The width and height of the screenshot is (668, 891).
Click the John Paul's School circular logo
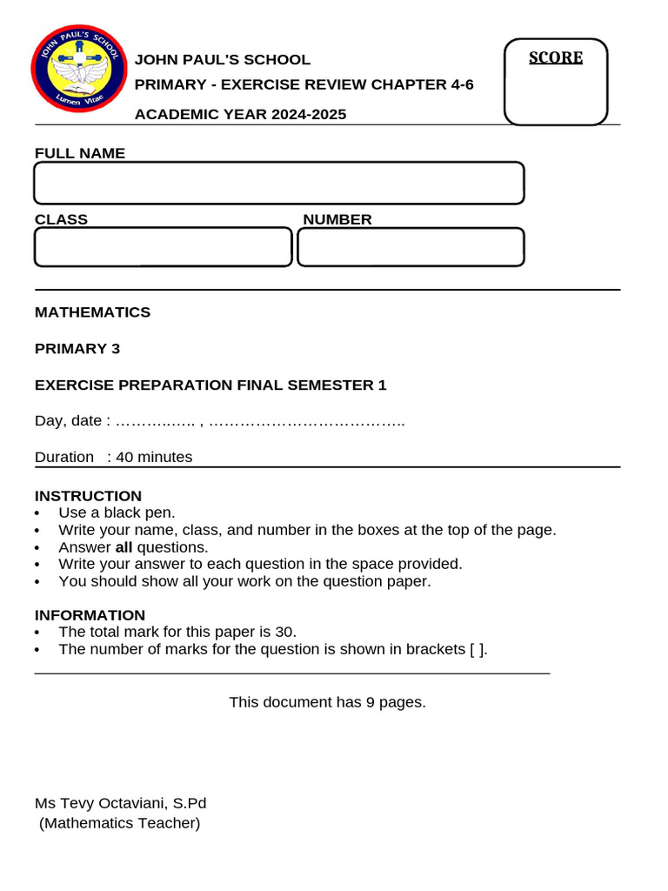(x=78, y=73)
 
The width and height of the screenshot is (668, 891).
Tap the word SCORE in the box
(x=556, y=58)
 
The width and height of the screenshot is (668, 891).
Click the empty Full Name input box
(x=278, y=183)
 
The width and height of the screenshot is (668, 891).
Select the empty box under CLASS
(x=163, y=247)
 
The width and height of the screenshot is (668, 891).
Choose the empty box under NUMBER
(x=411, y=247)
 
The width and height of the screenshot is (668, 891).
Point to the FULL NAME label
(x=80, y=153)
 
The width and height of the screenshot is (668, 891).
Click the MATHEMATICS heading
(x=92, y=312)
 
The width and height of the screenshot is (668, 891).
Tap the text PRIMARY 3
(x=77, y=349)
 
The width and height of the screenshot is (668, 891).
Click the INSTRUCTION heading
(x=88, y=497)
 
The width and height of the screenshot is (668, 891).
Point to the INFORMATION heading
(x=90, y=615)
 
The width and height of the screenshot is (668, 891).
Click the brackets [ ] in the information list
(x=476, y=649)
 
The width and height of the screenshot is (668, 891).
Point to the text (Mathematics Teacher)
(x=120, y=823)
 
